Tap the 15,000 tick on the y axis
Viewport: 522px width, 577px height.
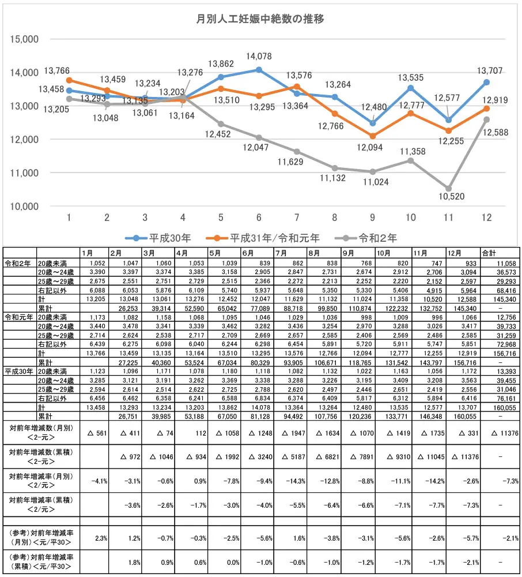coord(24,39)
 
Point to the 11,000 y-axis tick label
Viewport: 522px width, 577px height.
coord(24,173)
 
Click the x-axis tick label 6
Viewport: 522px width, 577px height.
coord(259,217)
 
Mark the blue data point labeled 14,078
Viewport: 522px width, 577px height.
coord(259,70)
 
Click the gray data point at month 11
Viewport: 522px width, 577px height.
coord(449,189)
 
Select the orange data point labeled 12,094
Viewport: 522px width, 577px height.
coord(373,136)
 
